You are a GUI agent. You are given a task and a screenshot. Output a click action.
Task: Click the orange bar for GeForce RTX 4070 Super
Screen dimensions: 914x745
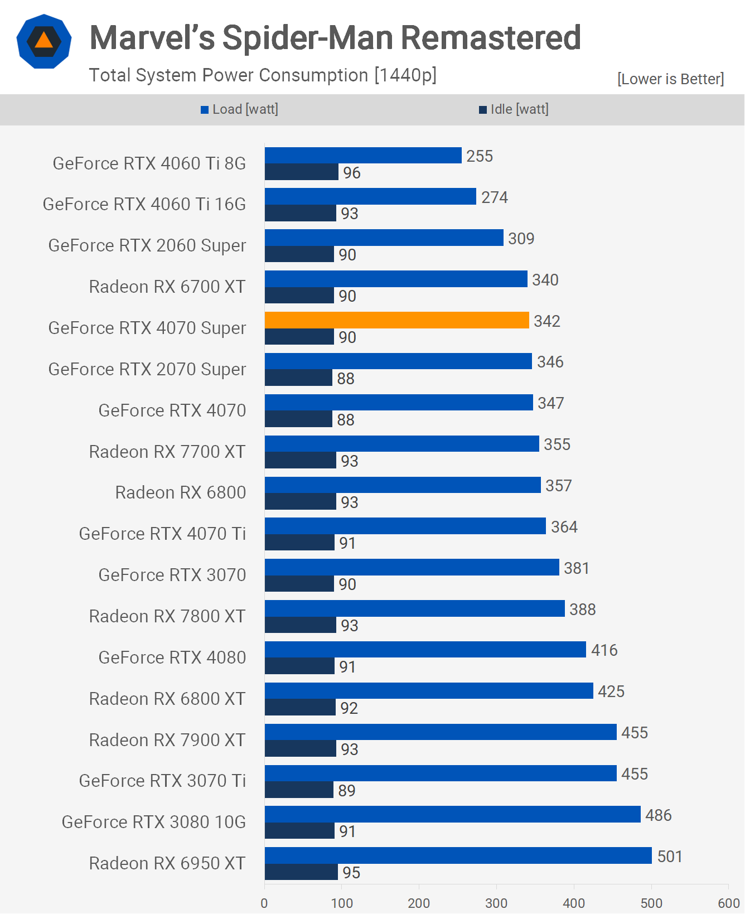click(x=396, y=320)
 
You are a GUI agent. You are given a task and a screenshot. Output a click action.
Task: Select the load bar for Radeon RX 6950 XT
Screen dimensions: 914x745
click(x=458, y=855)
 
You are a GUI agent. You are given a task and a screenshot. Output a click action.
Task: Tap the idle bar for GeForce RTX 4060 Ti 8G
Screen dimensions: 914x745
click(x=301, y=172)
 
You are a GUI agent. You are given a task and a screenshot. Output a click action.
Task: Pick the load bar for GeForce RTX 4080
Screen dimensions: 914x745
click(x=425, y=650)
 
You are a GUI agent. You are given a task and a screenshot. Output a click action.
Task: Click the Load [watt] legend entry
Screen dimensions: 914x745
click(x=240, y=109)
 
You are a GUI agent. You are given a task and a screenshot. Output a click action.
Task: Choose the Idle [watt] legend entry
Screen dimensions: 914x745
click(x=514, y=109)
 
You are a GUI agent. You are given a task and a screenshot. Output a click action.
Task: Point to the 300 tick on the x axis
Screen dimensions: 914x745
click(x=496, y=903)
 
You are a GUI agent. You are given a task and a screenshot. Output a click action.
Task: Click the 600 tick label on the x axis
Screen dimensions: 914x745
click(x=728, y=903)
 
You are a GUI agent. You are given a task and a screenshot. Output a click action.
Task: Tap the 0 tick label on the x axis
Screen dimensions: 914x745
click(x=264, y=903)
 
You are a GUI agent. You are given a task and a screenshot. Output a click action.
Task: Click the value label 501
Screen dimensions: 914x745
click(x=670, y=857)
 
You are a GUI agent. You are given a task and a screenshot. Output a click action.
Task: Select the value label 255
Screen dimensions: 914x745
click(x=480, y=156)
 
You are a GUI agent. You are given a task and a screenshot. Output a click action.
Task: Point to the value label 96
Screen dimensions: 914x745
click(x=352, y=173)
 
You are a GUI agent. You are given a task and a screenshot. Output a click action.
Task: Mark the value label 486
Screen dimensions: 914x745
click(x=658, y=815)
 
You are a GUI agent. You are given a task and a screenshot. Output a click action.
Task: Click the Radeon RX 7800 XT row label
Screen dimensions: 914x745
click(x=167, y=616)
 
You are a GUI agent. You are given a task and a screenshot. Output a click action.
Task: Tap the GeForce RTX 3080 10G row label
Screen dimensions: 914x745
click(x=154, y=822)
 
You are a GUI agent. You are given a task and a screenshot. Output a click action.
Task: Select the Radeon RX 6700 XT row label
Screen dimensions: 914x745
click(x=167, y=287)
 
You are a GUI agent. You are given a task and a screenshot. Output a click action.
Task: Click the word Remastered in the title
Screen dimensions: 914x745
click(x=491, y=38)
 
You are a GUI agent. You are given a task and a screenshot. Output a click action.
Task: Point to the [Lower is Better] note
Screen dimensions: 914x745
click(x=670, y=79)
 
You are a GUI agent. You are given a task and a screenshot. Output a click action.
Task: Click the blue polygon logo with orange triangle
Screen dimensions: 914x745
click(x=44, y=41)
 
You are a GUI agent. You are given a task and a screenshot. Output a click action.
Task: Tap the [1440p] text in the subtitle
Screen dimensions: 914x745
click(x=405, y=75)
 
